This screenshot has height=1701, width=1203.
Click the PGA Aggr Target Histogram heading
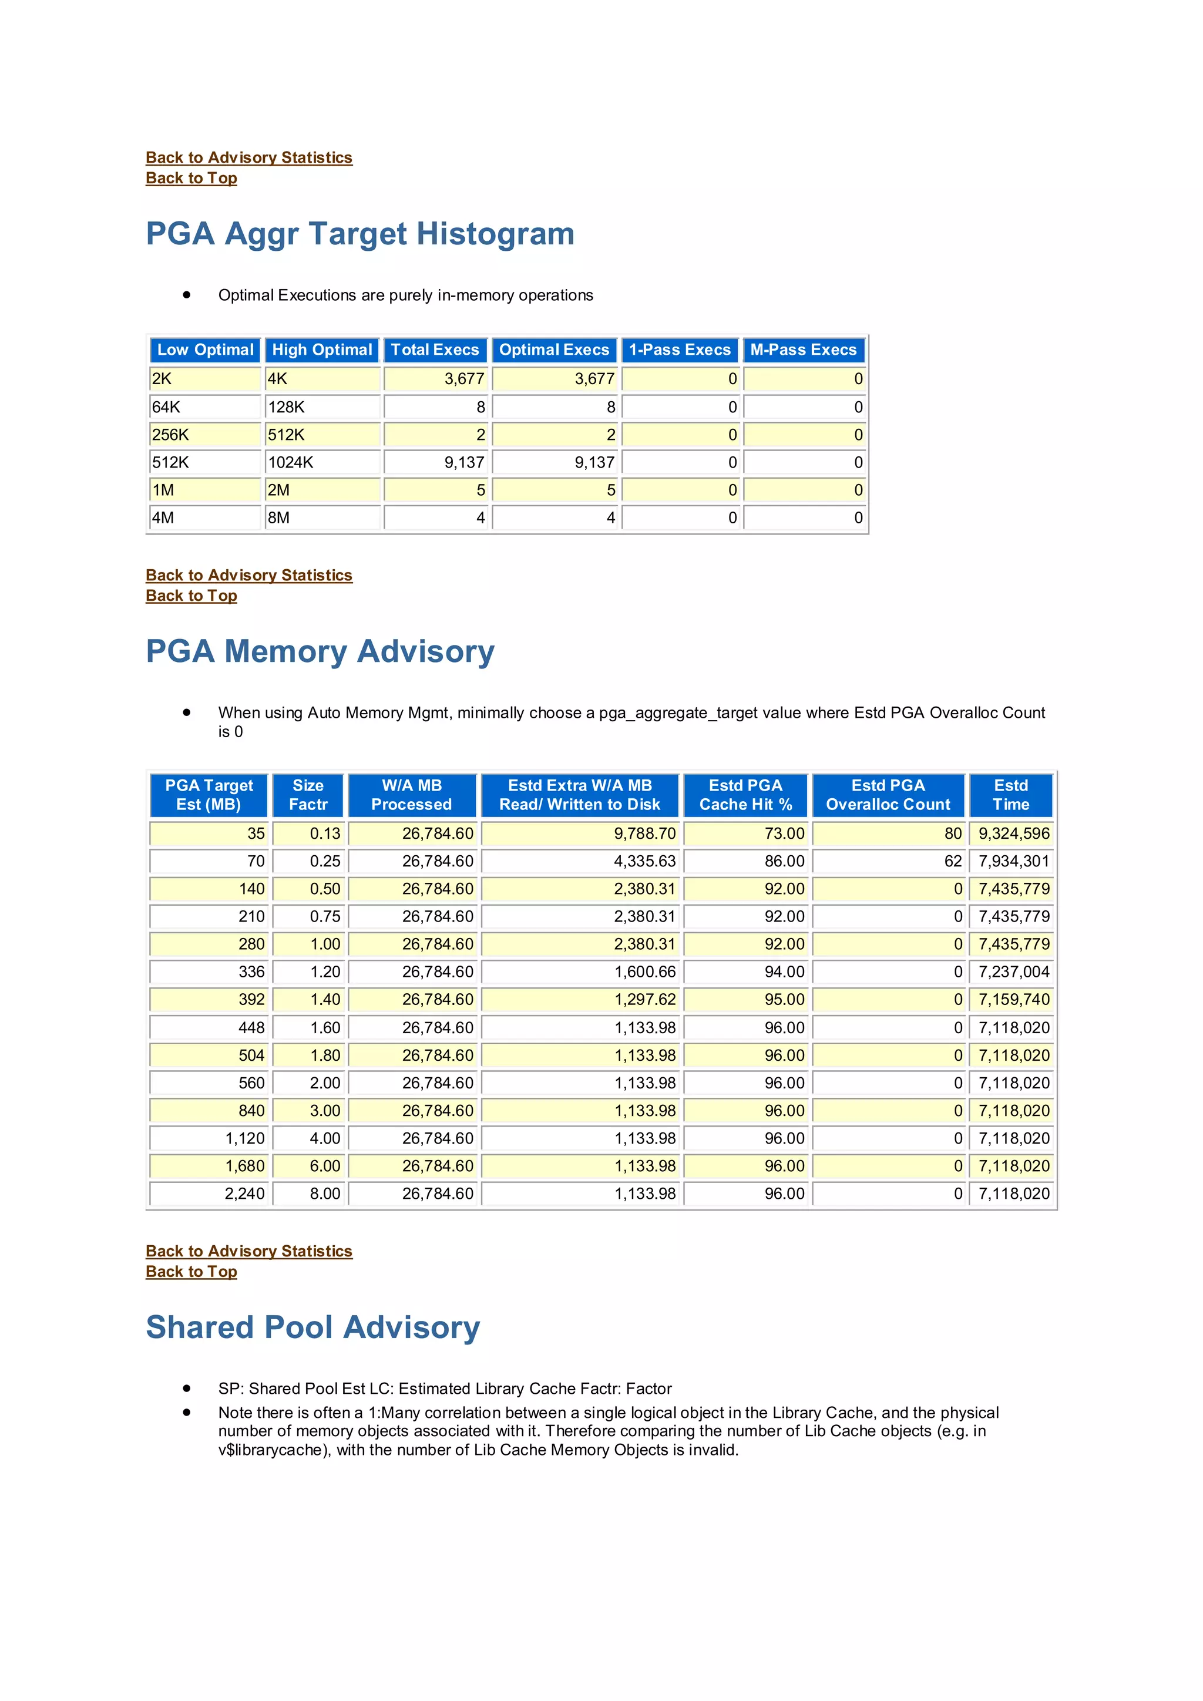360,234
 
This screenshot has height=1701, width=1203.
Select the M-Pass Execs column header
803,349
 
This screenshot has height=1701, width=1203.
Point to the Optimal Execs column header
553,349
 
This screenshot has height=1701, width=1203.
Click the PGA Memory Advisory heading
320,652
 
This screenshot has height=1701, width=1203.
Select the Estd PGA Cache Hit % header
745,795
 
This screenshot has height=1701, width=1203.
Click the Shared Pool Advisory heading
312,1327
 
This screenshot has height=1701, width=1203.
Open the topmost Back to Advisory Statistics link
249,158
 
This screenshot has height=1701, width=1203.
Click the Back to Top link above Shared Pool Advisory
191,1272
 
